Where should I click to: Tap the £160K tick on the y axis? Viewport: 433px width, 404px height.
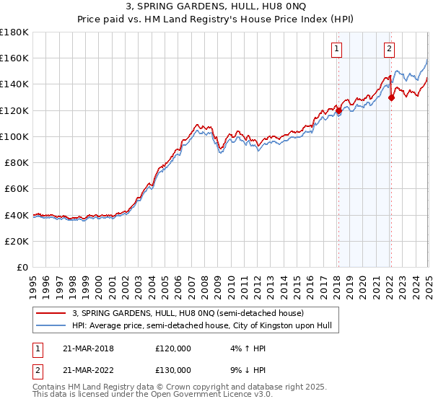click(14, 58)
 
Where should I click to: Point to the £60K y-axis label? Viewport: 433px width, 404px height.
click(17, 188)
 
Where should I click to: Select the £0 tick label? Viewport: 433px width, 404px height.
click(22, 267)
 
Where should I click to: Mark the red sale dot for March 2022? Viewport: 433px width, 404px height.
click(391, 97)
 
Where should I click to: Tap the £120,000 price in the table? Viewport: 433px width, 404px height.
click(173, 348)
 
